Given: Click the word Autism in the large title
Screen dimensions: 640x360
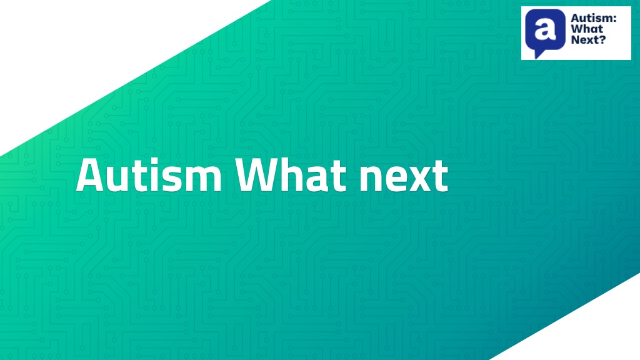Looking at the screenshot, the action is [x=149, y=175].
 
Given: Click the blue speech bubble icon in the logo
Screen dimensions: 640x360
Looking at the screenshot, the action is [x=545, y=32].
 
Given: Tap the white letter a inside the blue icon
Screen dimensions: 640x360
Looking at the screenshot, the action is [x=545, y=29].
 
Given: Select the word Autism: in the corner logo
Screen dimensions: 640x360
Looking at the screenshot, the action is [x=594, y=18].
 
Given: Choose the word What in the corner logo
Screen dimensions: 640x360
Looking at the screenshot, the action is [x=587, y=29].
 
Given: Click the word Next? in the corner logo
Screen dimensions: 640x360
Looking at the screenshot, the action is [x=588, y=39].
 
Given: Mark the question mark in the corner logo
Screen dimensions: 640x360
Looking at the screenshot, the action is [x=602, y=39].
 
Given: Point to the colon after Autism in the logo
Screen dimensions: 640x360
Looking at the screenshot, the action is [x=614, y=19].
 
